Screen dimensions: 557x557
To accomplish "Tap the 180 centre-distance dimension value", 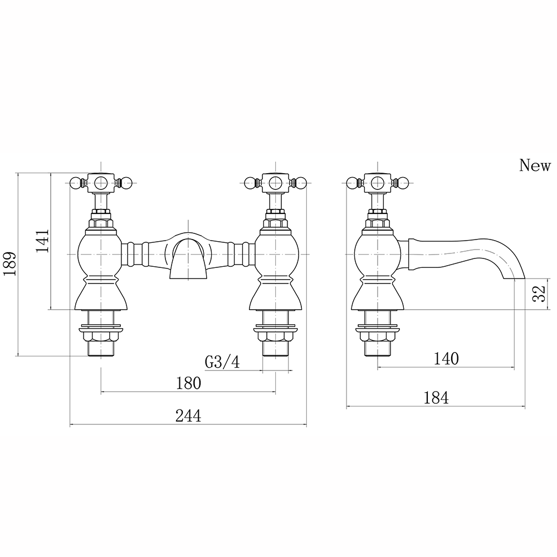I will [188, 383].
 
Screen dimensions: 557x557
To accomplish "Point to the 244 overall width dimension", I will [188, 415].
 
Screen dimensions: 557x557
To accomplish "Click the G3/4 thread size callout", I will [222, 362].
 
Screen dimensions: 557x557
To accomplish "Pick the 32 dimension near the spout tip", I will [539, 294].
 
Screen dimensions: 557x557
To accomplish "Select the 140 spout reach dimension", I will [446, 358].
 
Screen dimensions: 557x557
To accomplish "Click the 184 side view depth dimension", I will [436, 398].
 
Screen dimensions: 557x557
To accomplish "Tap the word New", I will [535, 165].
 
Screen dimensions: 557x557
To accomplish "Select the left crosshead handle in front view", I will [101, 182].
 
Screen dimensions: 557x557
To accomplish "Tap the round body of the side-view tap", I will [377, 253].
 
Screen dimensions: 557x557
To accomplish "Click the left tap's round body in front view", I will [101, 253].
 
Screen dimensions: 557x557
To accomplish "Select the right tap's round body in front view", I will [276, 253].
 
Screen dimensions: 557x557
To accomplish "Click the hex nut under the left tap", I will [101, 336].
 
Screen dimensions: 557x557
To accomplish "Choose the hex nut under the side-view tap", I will [377, 336].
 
